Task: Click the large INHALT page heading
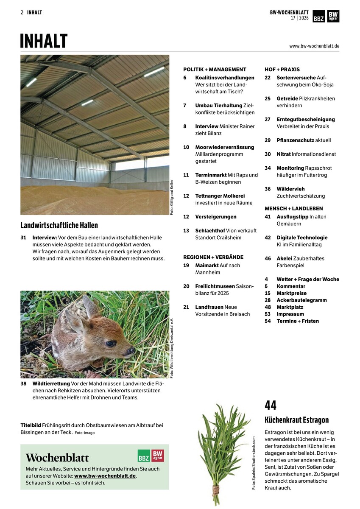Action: coord(44,41)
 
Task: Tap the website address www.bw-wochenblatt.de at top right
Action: coord(314,46)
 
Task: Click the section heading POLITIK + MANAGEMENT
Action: coord(215,69)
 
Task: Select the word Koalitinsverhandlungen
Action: coord(225,78)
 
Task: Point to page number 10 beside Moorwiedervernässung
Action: coord(186,147)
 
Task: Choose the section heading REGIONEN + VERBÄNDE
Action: coord(213,257)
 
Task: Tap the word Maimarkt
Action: coord(207,266)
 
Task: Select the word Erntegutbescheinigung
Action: coord(306,119)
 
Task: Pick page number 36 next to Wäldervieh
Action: coord(268,189)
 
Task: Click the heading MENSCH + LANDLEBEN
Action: coord(293,208)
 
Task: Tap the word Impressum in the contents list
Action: coord(290,314)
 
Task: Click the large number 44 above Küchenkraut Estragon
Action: coord(271,406)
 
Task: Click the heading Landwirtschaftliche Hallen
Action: coord(59,225)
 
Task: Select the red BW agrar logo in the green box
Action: coord(158,456)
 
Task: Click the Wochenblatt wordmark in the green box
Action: coord(57,458)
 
